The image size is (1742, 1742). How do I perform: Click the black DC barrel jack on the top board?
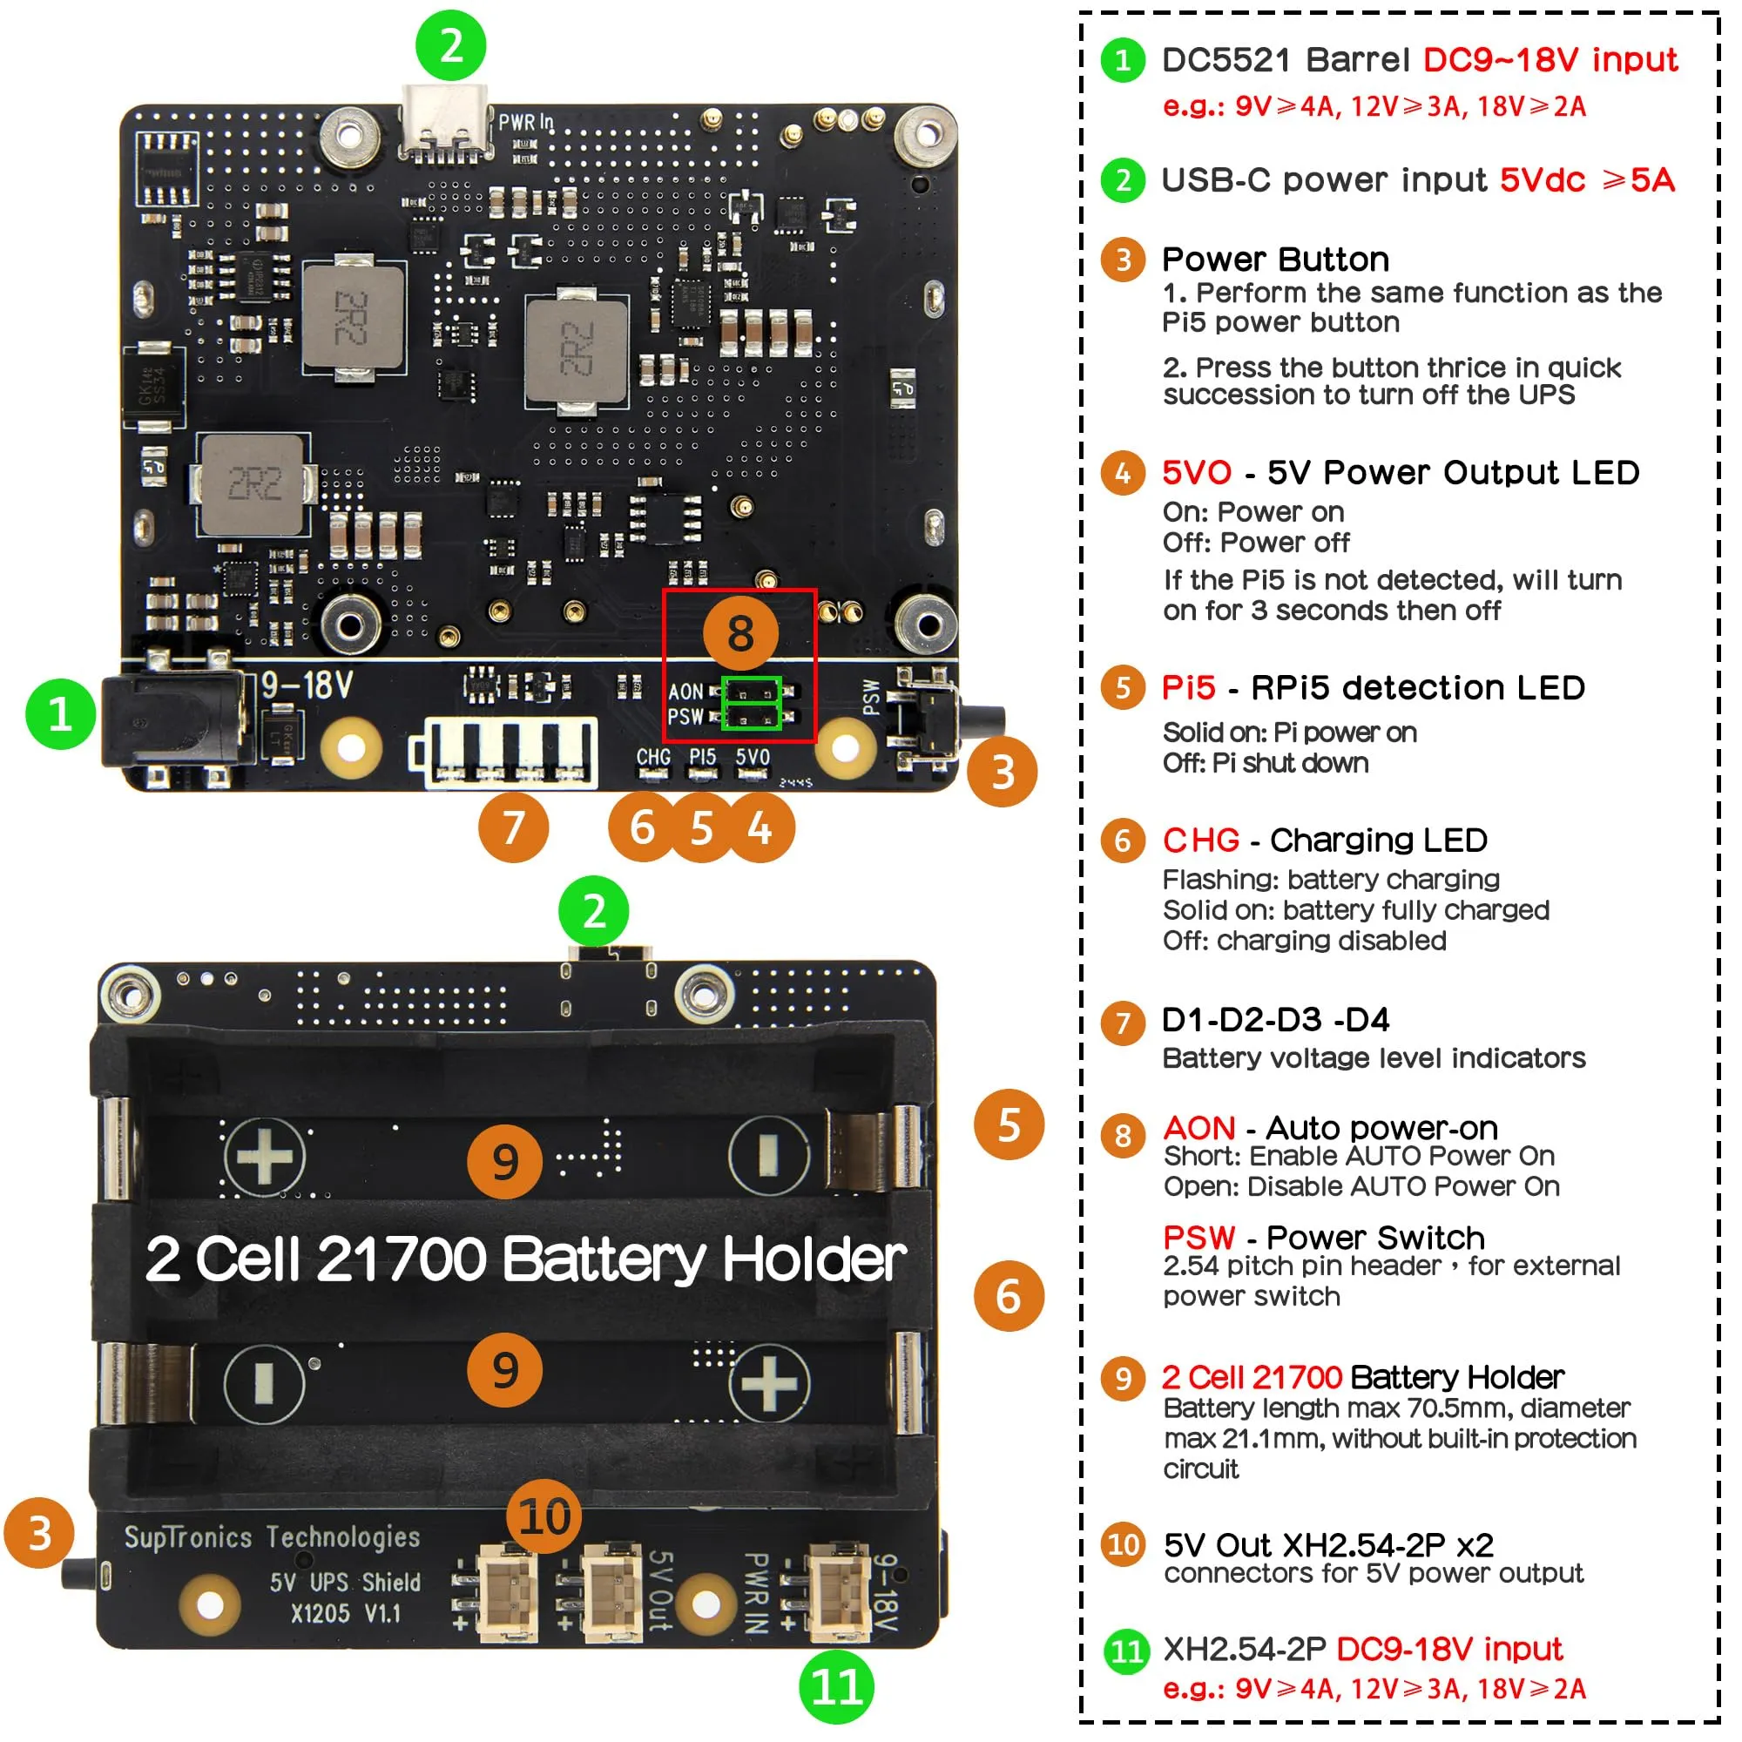tap(172, 721)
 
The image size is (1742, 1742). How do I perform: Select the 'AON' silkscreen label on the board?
tap(686, 692)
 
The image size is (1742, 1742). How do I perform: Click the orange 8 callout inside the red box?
tap(740, 634)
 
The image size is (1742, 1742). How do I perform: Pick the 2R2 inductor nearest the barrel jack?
tap(253, 485)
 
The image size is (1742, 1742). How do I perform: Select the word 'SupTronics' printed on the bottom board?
tap(187, 1537)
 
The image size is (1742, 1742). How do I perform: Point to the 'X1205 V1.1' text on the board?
tap(345, 1613)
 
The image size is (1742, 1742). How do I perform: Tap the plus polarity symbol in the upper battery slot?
tap(264, 1156)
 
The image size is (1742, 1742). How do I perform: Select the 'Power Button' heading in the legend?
tap(1275, 260)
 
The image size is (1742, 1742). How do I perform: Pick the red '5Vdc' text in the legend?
tap(1542, 180)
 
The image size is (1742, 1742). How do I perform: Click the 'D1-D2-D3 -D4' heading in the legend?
tap(1275, 1020)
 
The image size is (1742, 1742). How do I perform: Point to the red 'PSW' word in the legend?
tap(1198, 1237)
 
